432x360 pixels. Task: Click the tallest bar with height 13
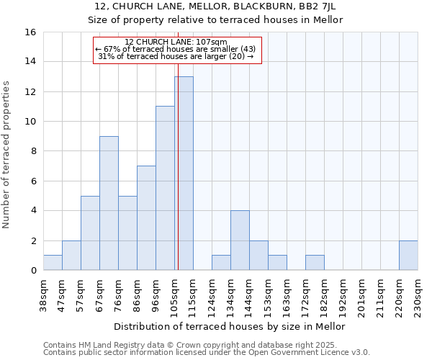(x=184, y=174)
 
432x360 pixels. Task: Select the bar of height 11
(x=165, y=189)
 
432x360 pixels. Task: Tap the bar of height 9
(x=109, y=203)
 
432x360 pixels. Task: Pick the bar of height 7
(x=146, y=218)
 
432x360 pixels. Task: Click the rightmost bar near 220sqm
(x=408, y=256)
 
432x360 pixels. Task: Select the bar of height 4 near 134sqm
(x=240, y=240)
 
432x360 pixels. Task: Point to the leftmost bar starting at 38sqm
(x=53, y=263)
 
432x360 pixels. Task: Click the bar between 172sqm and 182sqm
(x=315, y=263)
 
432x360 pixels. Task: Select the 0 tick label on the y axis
(x=32, y=271)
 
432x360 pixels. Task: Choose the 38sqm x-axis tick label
(x=44, y=292)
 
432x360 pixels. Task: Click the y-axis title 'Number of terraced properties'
(x=7, y=155)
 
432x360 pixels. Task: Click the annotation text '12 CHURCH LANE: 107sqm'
(x=176, y=42)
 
